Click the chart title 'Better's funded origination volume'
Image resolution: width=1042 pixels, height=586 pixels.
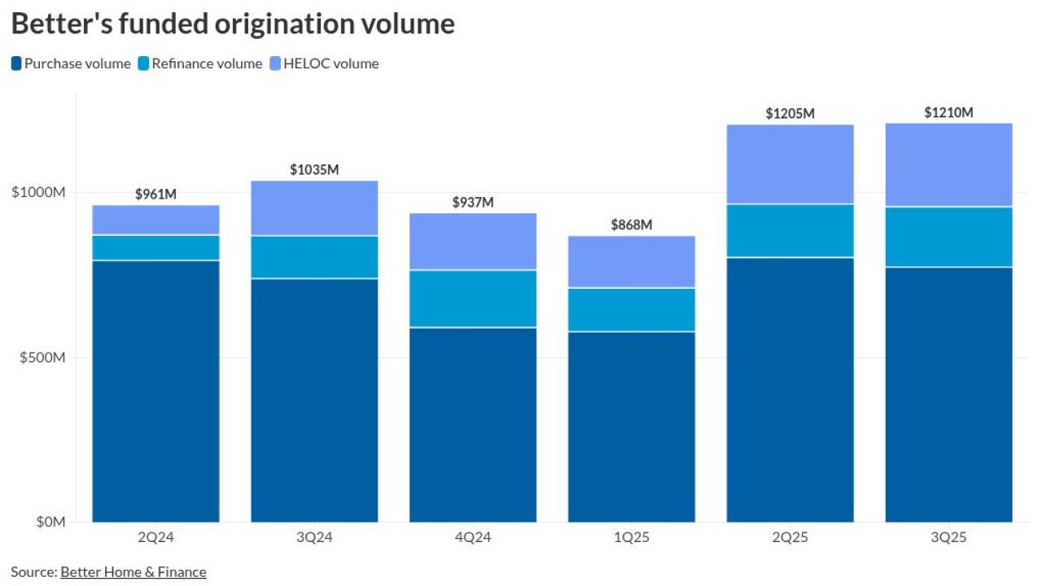(x=233, y=24)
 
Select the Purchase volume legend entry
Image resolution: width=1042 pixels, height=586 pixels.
(x=71, y=63)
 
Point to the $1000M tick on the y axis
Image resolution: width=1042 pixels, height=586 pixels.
(x=37, y=192)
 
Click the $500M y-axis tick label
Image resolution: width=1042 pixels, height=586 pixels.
(x=41, y=357)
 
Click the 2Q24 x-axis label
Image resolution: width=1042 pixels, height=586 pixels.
(x=155, y=538)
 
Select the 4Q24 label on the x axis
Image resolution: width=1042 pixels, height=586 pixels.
(x=473, y=538)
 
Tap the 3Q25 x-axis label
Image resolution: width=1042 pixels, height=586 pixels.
(x=948, y=538)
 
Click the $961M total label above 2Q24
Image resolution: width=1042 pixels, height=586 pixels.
(x=155, y=195)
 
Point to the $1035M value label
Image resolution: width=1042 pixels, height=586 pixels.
(x=314, y=170)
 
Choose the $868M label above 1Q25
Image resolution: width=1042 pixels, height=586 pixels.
(x=632, y=225)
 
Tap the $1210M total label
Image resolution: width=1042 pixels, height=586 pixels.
(x=948, y=113)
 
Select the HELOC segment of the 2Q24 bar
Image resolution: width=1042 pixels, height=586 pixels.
(x=155, y=220)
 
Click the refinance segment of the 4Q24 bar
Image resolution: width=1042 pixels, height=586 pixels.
(x=473, y=299)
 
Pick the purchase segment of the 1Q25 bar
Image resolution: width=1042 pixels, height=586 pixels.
(x=632, y=426)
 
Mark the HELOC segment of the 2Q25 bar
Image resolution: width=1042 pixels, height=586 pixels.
(x=790, y=164)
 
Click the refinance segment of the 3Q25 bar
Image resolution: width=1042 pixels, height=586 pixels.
(x=948, y=237)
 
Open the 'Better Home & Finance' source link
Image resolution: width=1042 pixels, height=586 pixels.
(x=133, y=572)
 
